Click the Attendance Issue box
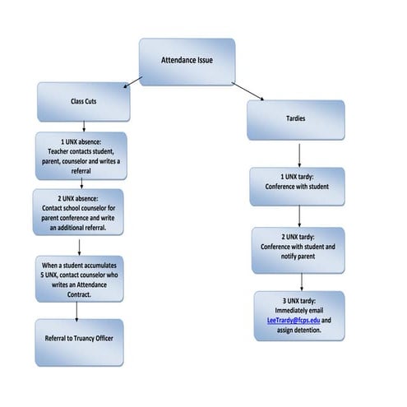(x=187, y=62)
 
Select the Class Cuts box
(x=84, y=101)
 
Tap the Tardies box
(x=296, y=120)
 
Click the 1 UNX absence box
(x=81, y=155)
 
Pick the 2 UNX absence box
(x=78, y=212)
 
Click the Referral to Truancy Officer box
(x=79, y=342)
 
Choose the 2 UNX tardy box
(x=299, y=250)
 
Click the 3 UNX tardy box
(x=299, y=315)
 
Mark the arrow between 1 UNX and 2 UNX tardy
(x=299, y=216)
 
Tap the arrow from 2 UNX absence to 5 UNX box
(x=79, y=246)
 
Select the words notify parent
(x=299, y=256)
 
